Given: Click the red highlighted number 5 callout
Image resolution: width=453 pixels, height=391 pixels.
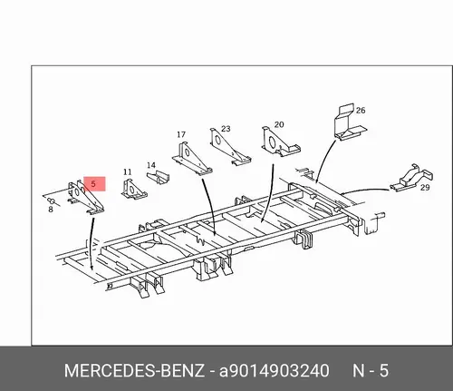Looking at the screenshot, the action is (x=94, y=184).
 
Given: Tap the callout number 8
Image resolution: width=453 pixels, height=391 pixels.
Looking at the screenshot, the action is (x=51, y=210).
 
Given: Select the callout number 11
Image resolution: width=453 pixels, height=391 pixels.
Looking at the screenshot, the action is (x=128, y=172).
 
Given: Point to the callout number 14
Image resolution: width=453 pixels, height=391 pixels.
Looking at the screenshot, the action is (x=151, y=165).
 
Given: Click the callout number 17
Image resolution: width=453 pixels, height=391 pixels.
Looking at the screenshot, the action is (x=181, y=134).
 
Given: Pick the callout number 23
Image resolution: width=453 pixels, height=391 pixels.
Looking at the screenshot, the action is (x=226, y=129).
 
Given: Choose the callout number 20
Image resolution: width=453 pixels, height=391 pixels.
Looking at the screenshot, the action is (x=279, y=124).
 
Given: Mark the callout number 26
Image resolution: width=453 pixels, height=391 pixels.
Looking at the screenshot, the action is (x=361, y=111).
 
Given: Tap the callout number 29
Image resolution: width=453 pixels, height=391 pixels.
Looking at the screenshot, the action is (x=425, y=188).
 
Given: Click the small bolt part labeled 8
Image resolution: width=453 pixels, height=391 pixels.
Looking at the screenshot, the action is (x=52, y=200).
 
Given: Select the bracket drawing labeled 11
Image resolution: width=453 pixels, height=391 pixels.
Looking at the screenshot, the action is (x=134, y=190).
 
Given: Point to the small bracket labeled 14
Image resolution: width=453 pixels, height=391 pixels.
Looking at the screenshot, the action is (x=158, y=178).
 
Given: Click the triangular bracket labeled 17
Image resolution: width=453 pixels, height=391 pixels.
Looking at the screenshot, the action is (x=192, y=158).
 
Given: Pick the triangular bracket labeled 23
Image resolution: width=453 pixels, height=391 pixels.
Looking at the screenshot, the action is (x=230, y=146).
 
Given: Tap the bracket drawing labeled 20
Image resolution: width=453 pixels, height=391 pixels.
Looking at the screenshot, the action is (x=280, y=142).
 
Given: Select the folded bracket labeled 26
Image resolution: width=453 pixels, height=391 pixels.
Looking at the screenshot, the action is (x=350, y=122).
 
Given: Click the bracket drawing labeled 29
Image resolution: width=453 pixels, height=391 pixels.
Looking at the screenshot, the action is (x=411, y=178).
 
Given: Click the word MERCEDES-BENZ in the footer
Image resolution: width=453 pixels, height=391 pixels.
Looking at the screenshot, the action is (x=134, y=370).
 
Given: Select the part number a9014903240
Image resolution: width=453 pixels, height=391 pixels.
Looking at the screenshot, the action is (x=275, y=371).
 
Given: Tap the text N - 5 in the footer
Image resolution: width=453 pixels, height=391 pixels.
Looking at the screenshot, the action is (x=371, y=370).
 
